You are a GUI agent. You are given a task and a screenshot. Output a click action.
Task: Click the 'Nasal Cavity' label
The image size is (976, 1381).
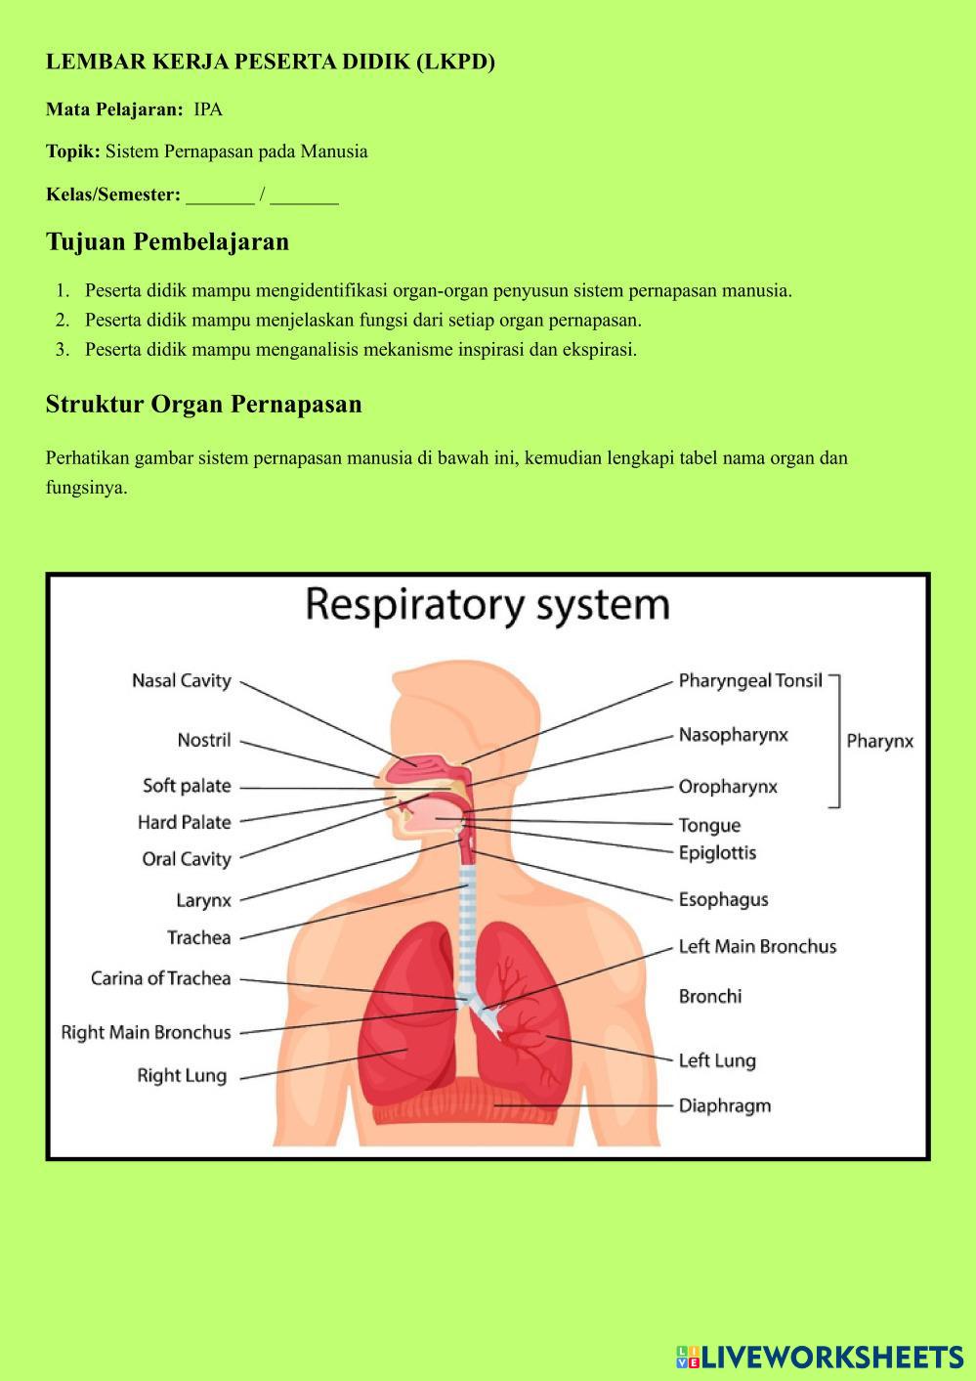[x=182, y=680]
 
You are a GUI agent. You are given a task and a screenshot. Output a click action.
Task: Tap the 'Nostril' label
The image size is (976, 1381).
[x=204, y=740]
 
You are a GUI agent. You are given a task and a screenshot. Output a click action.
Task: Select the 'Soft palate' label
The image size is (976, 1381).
[x=187, y=786]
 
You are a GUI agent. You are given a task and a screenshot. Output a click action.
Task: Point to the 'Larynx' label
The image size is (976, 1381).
[x=204, y=900]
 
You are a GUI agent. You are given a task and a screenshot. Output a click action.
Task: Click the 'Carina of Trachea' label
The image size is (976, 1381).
[x=161, y=978]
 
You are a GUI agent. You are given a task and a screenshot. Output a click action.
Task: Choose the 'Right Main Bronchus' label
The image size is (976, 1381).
[x=147, y=1032]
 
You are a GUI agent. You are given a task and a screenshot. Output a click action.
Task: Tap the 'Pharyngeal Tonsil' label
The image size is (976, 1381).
[x=750, y=680]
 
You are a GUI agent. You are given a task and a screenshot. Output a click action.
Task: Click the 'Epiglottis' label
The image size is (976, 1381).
[x=717, y=852]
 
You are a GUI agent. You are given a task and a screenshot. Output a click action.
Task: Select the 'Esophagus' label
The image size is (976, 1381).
[x=723, y=899]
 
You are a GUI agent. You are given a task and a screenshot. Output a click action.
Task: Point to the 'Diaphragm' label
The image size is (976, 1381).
[x=725, y=1105]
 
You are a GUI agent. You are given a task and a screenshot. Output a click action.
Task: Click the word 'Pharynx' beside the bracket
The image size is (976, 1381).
[x=879, y=741]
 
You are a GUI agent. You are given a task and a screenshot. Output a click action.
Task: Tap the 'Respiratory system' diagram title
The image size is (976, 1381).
[x=488, y=604]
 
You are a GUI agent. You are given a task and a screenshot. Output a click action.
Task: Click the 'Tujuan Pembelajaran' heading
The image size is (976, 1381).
[x=167, y=241]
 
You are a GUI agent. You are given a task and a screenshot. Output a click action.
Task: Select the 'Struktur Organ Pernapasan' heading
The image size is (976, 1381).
[x=203, y=405]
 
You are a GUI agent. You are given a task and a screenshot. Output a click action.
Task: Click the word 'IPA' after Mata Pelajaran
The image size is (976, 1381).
[x=208, y=109]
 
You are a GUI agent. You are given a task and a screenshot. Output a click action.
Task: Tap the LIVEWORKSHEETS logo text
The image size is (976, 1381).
[x=831, y=1357]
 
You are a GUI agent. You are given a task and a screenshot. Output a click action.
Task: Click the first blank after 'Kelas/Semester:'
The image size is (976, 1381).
[x=220, y=195]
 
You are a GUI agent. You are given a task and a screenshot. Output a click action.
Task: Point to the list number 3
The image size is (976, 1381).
[x=63, y=350]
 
